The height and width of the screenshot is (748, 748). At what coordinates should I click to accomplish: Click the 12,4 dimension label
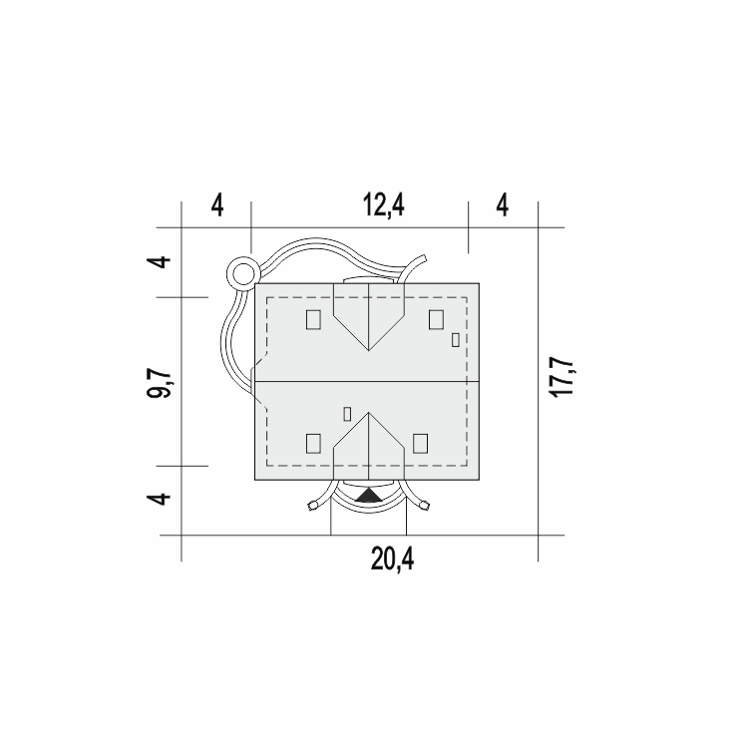point(384,205)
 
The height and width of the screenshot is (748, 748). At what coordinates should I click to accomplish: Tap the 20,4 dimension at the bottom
point(392,559)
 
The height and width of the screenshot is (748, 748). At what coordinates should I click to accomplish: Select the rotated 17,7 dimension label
point(561,376)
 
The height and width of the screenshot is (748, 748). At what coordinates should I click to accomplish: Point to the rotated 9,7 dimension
point(159,383)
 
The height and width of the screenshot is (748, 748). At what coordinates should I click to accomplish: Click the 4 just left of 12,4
point(217,205)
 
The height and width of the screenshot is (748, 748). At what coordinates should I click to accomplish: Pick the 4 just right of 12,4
point(503,205)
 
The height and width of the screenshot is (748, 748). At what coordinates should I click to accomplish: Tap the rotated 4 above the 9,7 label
point(159,262)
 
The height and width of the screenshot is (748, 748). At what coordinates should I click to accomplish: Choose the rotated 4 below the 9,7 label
point(159,499)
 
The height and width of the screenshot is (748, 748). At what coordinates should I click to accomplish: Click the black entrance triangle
point(369,495)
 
